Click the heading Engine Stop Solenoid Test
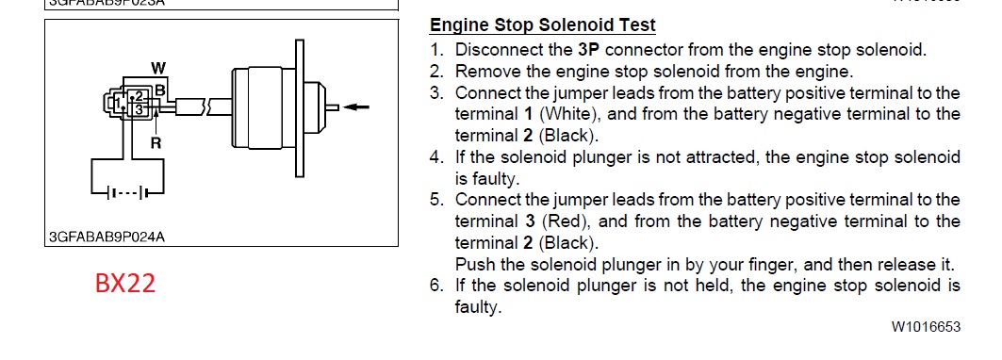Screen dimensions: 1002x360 pyautogui.click(x=543, y=25)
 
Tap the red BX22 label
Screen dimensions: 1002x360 pyautogui.click(x=125, y=284)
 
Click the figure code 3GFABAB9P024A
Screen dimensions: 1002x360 pyautogui.click(x=107, y=237)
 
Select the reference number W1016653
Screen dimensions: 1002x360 pyautogui.click(x=926, y=327)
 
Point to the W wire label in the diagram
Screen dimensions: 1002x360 pyautogui.click(x=158, y=67)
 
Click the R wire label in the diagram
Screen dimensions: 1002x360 pyautogui.click(x=156, y=144)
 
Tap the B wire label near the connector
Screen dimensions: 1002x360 pyautogui.click(x=160, y=90)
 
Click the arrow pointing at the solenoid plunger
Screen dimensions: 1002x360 pyautogui.click(x=356, y=106)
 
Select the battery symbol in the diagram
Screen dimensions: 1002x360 pyautogui.click(x=128, y=192)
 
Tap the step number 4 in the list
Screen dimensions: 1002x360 pyautogui.click(x=436, y=157)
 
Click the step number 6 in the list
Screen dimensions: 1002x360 pyautogui.click(x=436, y=286)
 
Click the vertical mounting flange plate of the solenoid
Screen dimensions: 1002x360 pyautogui.click(x=299, y=108)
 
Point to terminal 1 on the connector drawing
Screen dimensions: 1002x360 pyautogui.click(x=118, y=103)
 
